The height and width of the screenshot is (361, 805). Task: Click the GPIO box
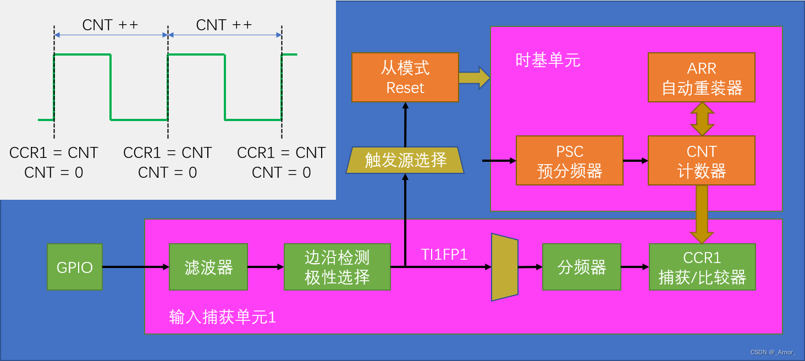click(75, 267)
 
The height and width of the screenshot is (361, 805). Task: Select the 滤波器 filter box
click(208, 267)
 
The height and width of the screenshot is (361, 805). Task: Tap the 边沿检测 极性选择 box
click(337, 267)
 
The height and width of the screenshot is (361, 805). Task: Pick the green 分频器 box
click(581, 267)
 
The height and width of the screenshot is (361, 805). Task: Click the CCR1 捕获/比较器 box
click(702, 267)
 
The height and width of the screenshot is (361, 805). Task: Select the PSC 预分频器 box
click(569, 161)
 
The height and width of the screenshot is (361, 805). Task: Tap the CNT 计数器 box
click(702, 161)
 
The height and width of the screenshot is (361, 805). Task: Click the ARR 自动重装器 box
click(702, 78)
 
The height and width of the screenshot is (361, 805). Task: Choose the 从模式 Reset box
click(405, 78)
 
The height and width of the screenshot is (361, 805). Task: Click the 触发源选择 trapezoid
click(405, 160)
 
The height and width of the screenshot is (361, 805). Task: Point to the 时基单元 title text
click(548, 60)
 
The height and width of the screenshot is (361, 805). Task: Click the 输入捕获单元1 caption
click(223, 317)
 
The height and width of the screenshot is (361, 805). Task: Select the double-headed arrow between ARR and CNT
click(702, 119)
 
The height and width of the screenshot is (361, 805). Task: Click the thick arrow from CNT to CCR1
click(702, 214)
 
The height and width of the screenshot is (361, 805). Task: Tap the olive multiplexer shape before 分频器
click(504, 267)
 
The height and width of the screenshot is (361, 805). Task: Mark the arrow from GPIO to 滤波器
click(135, 267)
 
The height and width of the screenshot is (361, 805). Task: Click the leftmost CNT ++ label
click(110, 25)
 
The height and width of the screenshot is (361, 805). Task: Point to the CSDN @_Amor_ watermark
click(773, 352)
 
